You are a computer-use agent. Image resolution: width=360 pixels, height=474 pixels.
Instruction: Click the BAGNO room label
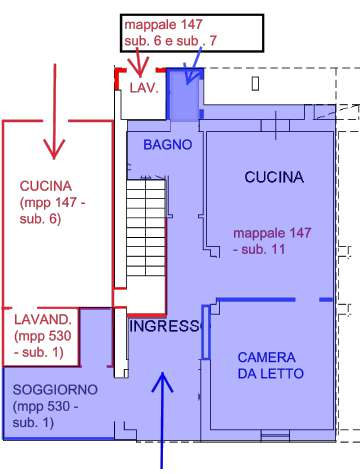[168, 145]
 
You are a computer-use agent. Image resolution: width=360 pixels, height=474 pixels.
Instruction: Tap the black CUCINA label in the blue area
[274, 177]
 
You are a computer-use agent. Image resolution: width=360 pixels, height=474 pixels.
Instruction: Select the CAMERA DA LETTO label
[270, 365]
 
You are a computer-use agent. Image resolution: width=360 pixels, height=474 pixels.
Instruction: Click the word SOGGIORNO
[55, 389]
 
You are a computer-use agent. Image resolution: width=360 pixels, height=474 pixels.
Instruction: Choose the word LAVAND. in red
[43, 320]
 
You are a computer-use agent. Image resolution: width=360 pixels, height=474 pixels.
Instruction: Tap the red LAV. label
[144, 88]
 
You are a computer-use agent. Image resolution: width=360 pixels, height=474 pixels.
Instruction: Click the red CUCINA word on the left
[46, 186]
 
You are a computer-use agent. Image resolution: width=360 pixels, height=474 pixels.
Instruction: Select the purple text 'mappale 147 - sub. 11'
[272, 241]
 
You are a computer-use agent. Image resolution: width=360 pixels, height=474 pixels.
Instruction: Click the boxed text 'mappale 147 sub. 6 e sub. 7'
[170, 33]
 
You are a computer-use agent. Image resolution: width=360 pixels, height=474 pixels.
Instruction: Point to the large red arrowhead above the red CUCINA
[54, 149]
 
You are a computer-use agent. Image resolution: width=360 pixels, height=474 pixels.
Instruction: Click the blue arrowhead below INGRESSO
[162, 382]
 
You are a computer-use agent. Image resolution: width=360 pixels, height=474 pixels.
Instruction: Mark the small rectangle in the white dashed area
[255, 84]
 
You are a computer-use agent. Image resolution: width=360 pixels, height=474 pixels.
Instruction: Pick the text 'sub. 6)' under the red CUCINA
[40, 219]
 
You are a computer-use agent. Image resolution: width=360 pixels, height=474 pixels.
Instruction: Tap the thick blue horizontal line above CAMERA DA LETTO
[256, 300]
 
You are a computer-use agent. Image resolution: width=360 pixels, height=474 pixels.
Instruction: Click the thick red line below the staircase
[147, 315]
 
